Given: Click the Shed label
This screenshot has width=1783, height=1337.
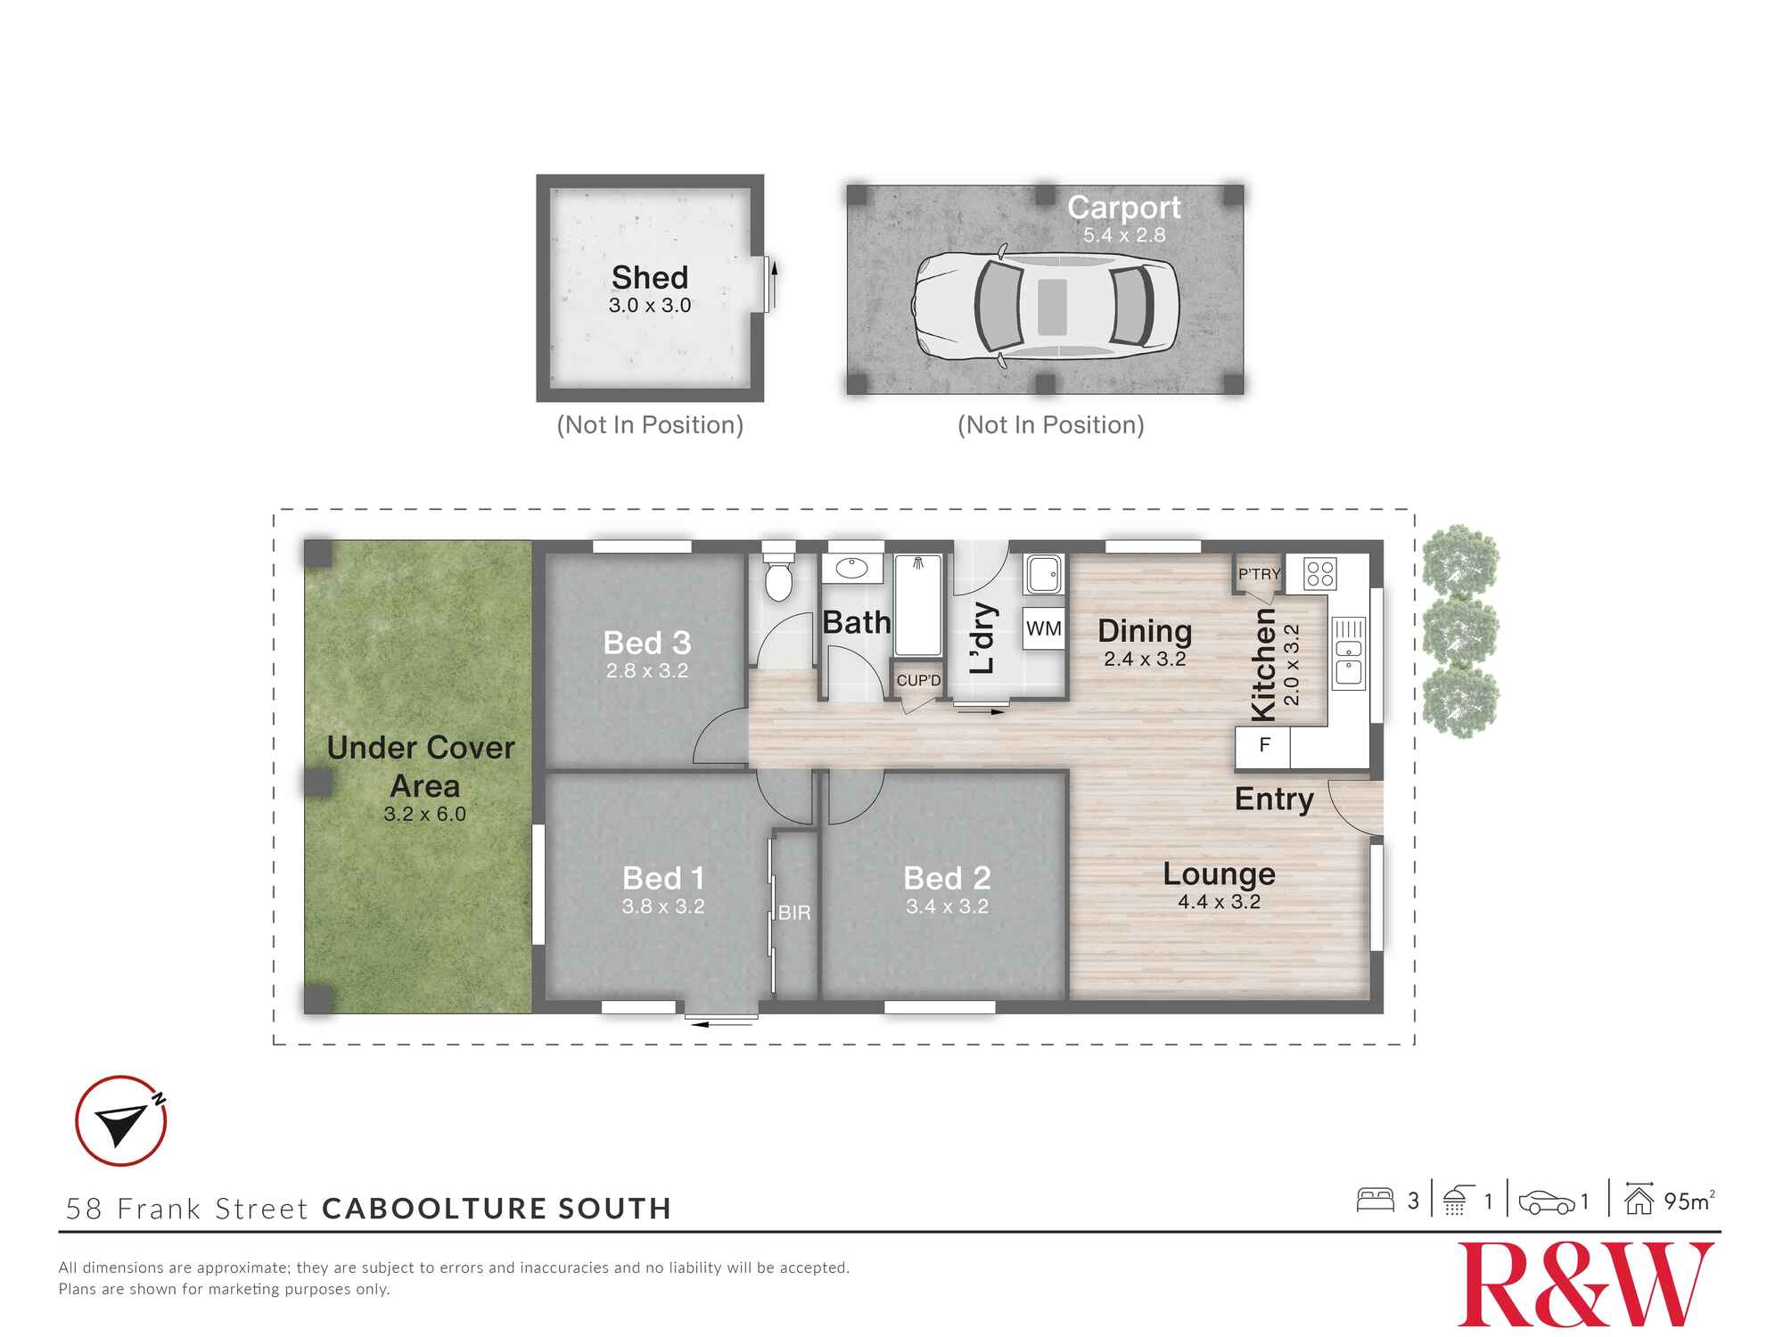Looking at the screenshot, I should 649,277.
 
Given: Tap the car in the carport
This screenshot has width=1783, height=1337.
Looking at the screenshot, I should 1045,306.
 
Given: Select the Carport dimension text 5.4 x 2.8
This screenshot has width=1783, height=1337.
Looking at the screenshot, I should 1124,235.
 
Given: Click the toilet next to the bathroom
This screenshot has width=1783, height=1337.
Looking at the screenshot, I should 778,578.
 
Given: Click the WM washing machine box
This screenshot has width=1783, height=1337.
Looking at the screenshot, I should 1043,628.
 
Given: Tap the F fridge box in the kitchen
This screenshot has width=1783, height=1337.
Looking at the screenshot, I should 1262,745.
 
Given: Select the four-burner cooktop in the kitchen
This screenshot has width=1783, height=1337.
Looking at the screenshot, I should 1319,572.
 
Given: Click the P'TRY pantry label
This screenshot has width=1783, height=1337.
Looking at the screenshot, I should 1259,574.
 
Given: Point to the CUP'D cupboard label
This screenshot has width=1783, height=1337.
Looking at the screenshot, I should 918,681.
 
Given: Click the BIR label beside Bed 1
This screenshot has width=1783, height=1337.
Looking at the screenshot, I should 793,913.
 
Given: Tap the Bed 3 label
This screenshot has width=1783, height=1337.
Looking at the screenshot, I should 647,643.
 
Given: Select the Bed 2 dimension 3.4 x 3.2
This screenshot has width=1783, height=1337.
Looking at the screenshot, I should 947,906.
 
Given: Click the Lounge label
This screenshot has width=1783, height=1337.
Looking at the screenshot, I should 1219,874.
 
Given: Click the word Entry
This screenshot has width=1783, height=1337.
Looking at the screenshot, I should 1274,800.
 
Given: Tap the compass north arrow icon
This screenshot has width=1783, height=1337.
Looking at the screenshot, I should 121,1121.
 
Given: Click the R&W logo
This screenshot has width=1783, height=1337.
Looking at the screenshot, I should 1585,1284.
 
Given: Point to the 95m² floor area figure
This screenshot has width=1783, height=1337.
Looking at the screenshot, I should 1688,1201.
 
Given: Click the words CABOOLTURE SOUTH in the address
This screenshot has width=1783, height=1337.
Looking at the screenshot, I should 497,1209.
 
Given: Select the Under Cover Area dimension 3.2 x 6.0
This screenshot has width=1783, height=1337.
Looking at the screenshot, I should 424,814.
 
